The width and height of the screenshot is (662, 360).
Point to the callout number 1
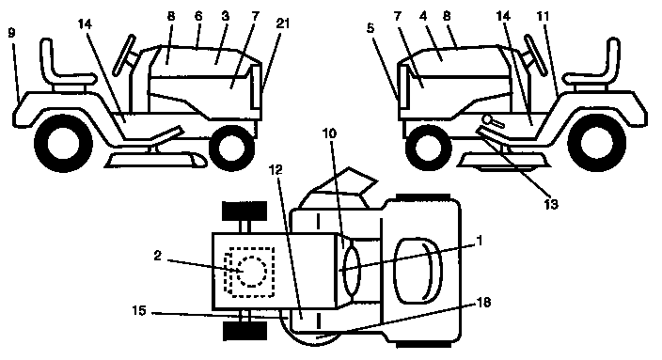pyautogui.click(x=481, y=241)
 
